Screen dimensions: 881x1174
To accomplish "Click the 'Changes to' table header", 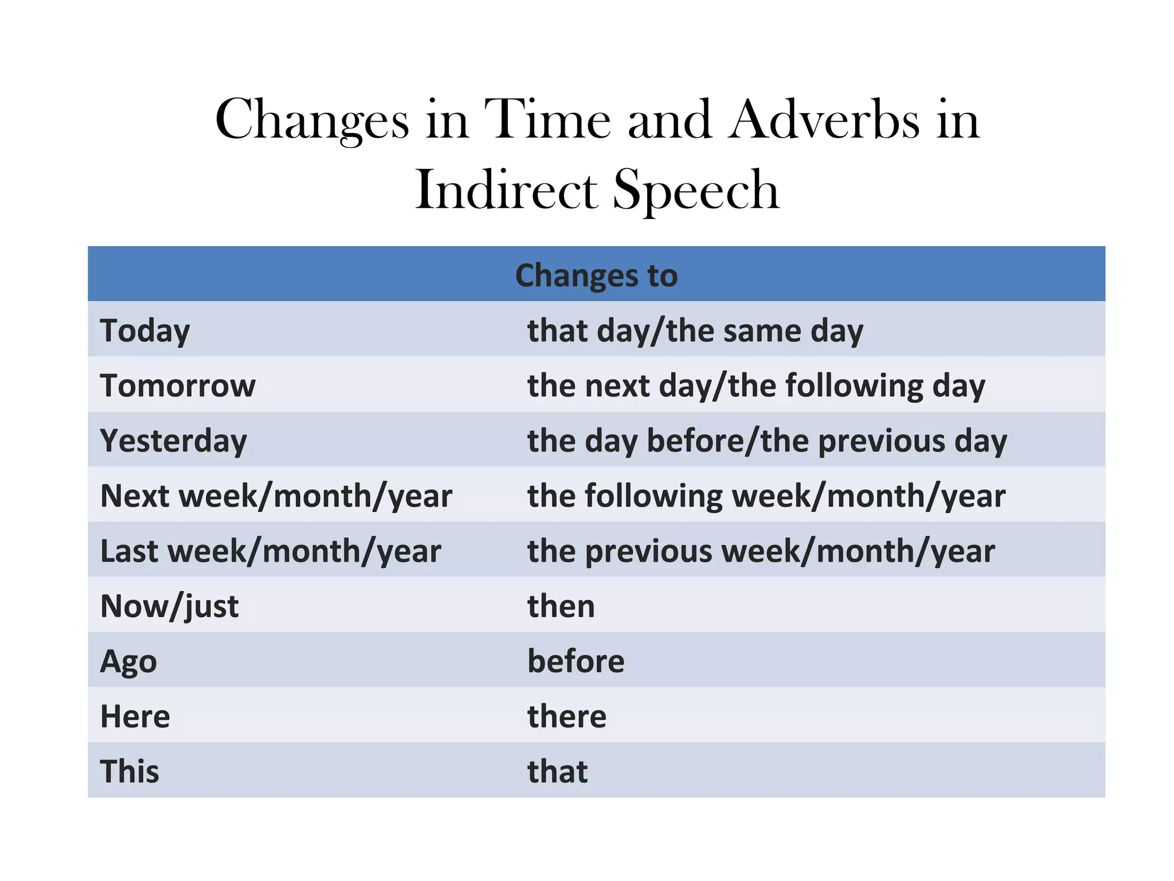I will pos(596,275).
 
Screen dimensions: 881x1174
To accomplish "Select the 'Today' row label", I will pos(145,330).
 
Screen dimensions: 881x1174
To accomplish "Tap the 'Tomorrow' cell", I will pos(178,385).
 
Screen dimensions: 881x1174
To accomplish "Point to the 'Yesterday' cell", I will pos(173,440).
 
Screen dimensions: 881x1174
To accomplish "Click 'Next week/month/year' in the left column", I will pos(276,496).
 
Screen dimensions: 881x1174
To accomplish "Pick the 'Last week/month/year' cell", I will pos(271,551).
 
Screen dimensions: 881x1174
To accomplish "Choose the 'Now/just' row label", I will pos(169,606).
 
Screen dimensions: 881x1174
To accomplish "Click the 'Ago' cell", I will pos(128,661).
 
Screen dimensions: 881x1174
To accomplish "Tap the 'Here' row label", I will pos(135,716).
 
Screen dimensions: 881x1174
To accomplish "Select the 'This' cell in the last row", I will pos(130,771).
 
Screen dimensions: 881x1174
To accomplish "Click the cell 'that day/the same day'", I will pos(695,330).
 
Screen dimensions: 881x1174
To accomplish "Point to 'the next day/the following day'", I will pos(756,385).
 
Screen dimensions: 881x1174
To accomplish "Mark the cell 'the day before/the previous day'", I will pos(767,440).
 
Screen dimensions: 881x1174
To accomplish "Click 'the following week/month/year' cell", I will pos(766,496).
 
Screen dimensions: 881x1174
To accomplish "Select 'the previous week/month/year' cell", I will pos(761,551).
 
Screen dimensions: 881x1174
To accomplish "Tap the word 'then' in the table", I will pos(561,606).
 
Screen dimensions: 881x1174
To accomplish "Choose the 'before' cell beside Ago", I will pos(576,661).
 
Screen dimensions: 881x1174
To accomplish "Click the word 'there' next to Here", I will pos(566,716).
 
